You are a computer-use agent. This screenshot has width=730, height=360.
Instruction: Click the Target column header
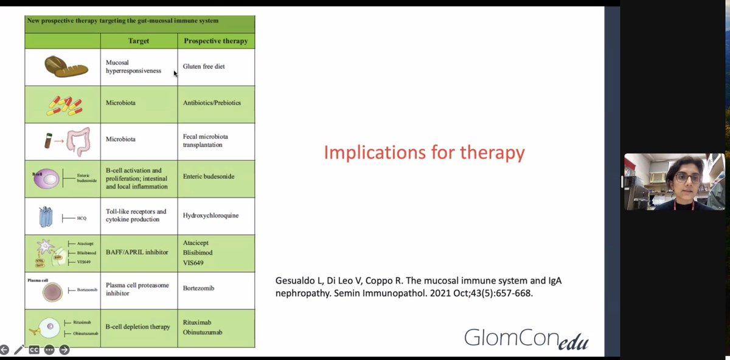(139, 41)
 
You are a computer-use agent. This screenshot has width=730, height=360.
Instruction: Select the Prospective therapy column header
(215, 41)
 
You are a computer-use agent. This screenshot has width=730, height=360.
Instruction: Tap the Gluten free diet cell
(204, 66)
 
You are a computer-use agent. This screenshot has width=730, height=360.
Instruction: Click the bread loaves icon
(62, 66)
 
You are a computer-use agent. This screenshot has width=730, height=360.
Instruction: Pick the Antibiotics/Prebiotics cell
(212, 103)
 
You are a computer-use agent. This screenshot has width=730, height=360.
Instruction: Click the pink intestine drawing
(78, 141)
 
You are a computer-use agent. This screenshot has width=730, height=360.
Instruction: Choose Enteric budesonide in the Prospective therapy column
(209, 176)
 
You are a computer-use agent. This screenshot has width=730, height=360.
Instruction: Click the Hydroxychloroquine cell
(211, 215)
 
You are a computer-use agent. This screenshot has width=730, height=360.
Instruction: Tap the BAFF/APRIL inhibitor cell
(137, 252)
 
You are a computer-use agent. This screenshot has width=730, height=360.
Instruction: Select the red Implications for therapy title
(424, 152)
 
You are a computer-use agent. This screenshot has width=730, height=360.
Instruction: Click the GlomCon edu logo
(526, 338)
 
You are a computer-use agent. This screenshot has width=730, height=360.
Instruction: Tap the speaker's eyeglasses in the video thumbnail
(687, 179)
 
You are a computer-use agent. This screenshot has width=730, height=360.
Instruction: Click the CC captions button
(34, 350)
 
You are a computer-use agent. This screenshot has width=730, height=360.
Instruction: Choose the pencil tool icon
(19, 350)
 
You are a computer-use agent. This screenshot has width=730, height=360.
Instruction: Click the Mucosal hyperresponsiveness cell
(133, 66)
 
